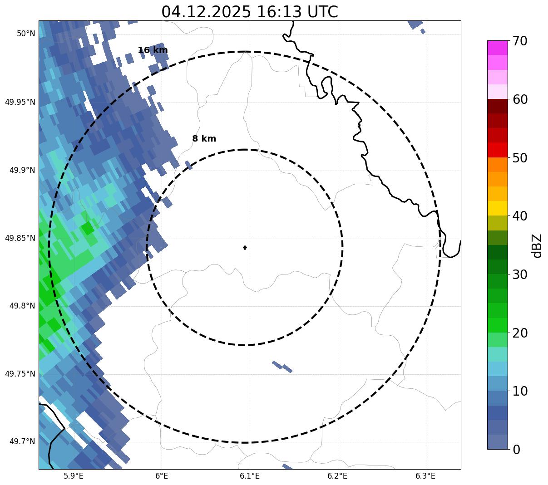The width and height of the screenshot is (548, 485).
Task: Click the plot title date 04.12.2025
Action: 206,12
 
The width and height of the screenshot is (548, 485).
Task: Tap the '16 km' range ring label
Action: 153,50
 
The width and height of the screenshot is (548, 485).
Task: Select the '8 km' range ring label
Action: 204,139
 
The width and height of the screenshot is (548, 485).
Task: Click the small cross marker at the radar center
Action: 245,248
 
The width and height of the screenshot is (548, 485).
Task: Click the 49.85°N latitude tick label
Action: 20,238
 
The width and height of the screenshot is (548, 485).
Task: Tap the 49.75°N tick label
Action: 20,374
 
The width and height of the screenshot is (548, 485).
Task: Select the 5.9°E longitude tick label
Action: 74,476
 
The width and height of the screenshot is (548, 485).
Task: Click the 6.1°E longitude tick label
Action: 250,476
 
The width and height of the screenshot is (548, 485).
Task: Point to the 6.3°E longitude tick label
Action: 425,476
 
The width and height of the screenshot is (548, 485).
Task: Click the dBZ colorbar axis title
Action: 537,245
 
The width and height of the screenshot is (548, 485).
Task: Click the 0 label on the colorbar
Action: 516,450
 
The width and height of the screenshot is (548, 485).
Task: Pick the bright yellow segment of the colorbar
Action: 498,208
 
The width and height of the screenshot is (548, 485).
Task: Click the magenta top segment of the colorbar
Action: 498,48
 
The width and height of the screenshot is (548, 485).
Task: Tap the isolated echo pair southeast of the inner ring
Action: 282,366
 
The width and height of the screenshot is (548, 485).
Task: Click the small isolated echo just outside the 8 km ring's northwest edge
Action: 188,166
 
